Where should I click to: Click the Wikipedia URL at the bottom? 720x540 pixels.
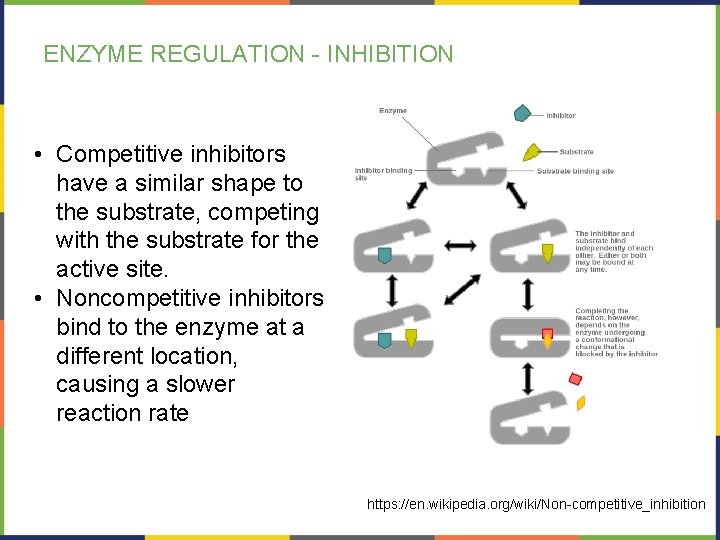pos(536,505)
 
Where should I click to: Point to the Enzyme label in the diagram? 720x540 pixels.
pos(393,111)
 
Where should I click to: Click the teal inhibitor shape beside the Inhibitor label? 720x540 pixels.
pos(522,114)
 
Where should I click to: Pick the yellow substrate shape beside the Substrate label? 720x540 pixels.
pos(532,152)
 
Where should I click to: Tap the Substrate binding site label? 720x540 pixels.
pos(575,171)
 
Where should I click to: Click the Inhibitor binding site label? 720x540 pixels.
pos(383,174)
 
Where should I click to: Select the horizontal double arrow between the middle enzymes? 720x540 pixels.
pos(461,244)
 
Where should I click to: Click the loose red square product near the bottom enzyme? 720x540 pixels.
pos(574,378)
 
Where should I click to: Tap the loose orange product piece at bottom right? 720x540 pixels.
pos(580,403)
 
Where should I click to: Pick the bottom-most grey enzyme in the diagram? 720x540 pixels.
pos(529,420)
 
